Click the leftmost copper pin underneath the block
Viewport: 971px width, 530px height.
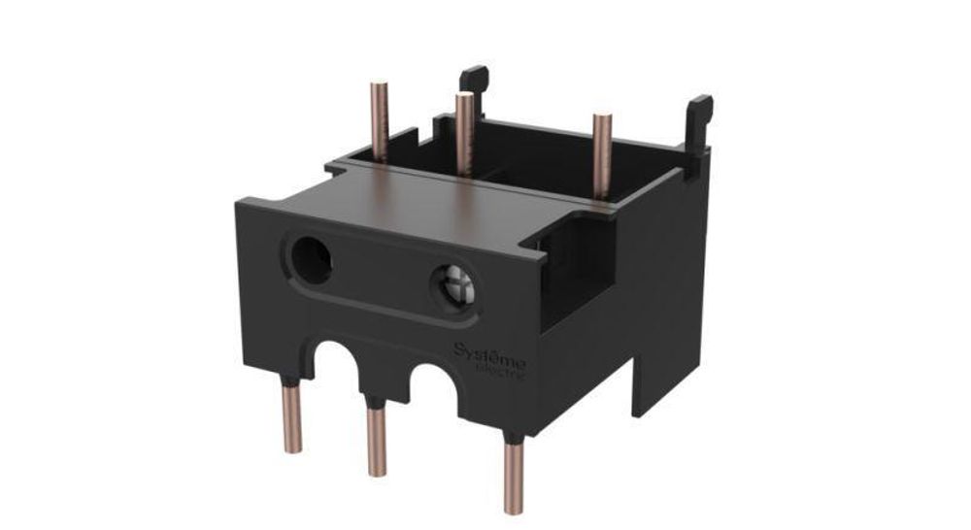click(x=291, y=417)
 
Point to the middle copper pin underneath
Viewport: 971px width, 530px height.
click(x=376, y=437)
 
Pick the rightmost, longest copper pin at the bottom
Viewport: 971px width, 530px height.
click(x=511, y=471)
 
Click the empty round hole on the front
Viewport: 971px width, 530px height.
click(x=309, y=258)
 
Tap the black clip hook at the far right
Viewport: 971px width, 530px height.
click(x=698, y=115)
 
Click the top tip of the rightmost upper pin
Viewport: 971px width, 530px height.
click(x=602, y=117)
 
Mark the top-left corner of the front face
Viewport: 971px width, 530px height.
click(x=238, y=201)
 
